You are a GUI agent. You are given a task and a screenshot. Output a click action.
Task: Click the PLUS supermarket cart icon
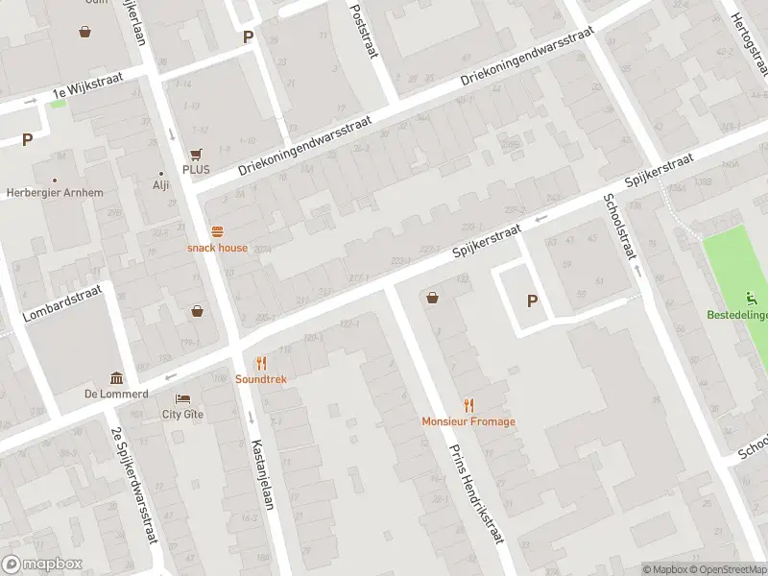point(196,154)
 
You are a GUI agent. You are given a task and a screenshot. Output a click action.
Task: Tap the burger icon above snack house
point(217,231)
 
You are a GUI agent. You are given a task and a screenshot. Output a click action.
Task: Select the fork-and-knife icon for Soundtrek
point(260,363)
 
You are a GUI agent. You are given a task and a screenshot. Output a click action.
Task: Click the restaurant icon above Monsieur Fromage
point(468,405)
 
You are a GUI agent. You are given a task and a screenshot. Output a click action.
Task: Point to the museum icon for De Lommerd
point(116,378)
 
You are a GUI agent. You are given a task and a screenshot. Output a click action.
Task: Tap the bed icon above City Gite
point(182,398)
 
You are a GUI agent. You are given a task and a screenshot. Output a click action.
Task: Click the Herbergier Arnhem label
point(55,193)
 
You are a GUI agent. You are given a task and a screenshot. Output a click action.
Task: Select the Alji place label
point(160,186)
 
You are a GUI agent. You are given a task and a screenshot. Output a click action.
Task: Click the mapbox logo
point(42,564)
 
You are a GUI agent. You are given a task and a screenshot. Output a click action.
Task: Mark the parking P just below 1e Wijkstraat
point(27,139)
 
